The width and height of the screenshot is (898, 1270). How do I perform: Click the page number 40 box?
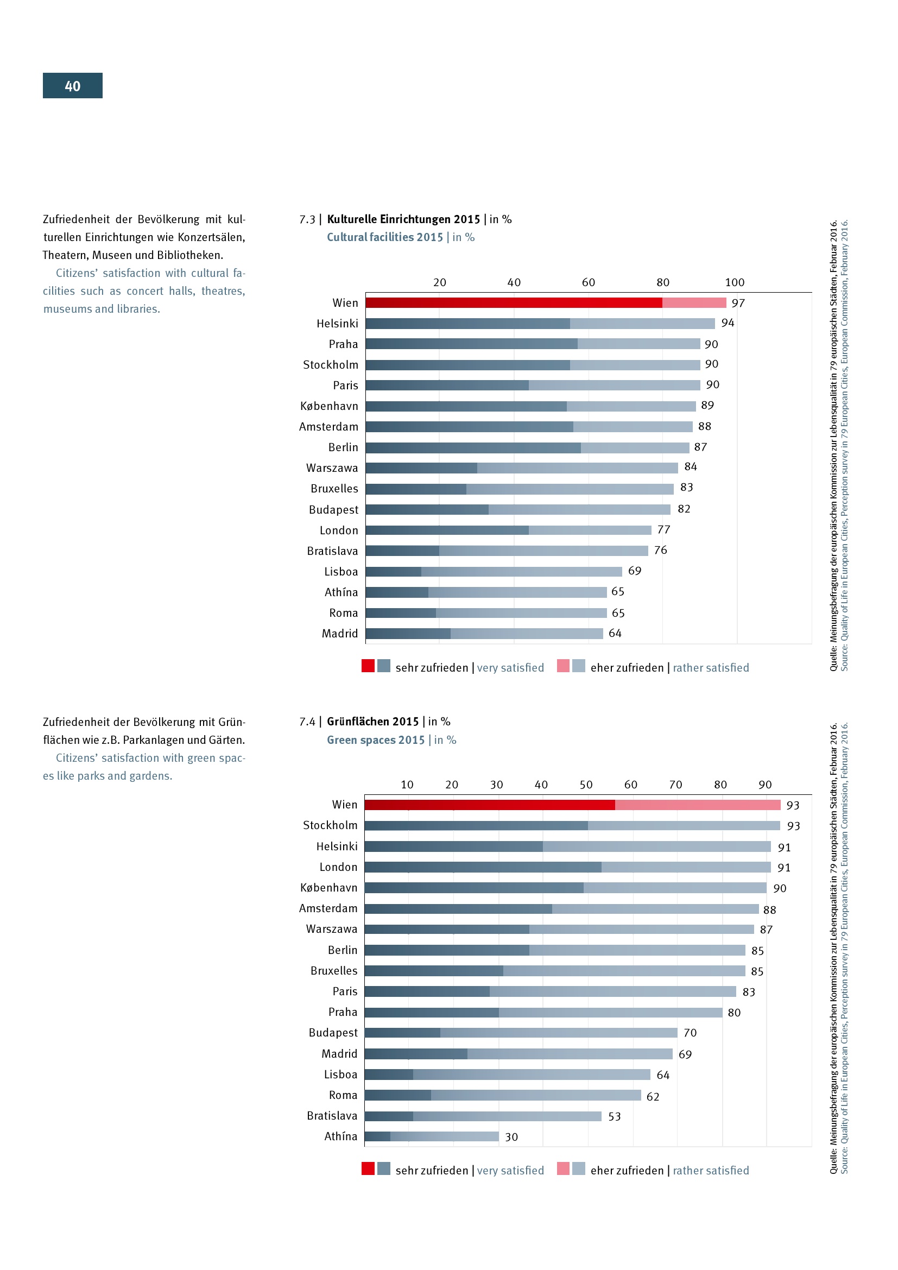coord(72,86)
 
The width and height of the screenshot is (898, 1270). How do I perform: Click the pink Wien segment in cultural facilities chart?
coord(694,302)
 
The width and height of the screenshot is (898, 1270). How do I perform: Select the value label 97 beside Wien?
coord(738,303)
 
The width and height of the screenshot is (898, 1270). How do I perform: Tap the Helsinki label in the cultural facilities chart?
coord(337,324)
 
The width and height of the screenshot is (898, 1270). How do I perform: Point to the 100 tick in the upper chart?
coord(735,282)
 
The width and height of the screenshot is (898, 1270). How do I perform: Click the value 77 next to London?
coord(663,530)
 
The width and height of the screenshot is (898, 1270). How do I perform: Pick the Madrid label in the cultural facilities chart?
coord(340,633)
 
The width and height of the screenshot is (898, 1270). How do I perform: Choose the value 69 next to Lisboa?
coord(635,571)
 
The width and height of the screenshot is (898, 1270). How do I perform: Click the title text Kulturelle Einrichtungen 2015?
coord(403,219)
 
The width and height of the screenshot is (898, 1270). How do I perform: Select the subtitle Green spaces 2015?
coord(376,740)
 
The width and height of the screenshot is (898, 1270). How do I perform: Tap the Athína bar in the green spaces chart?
coord(431,1136)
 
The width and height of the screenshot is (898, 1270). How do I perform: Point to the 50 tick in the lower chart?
coord(586,785)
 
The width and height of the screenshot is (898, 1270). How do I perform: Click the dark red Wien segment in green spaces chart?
coord(489,805)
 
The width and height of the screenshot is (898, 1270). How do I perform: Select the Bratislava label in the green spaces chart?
coord(332,1116)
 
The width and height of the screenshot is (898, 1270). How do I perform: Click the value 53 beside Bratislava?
coord(615,1116)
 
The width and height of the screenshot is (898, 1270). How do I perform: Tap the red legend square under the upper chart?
coord(368,666)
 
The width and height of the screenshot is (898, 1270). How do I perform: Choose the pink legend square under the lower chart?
coord(563,1168)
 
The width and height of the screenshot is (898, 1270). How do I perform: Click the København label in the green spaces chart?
coord(329,888)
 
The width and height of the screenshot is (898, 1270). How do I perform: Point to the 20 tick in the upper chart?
coord(440,282)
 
